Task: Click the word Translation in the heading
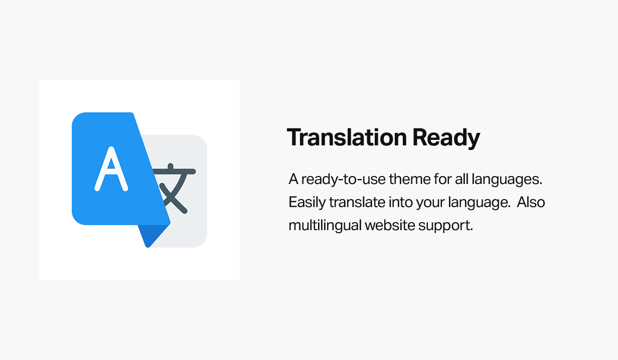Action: click(x=347, y=137)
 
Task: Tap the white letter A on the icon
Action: click(x=111, y=169)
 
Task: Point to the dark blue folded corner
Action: click(x=152, y=235)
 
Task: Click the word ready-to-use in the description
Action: click(x=343, y=180)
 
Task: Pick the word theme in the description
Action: click(x=410, y=179)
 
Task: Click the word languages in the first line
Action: click(x=507, y=180)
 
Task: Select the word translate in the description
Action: click(x=357, y=202)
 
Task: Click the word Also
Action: click(x=531, y=202)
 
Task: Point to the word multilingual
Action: click(x=325, y=226)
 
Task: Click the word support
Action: click(x=445, y=226)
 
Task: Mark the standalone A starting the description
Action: click(x=293, y=179)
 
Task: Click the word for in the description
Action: click(x=442, y=179)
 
